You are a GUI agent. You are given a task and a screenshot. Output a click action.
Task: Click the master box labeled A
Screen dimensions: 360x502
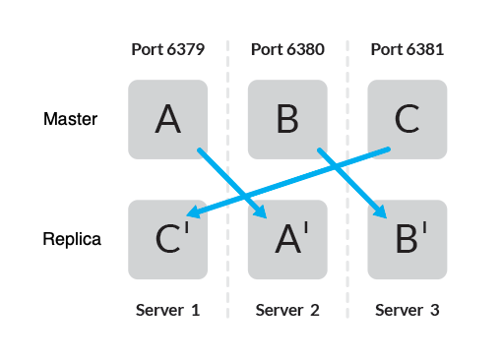167,119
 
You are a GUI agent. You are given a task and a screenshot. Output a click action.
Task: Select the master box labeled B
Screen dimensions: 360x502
287,119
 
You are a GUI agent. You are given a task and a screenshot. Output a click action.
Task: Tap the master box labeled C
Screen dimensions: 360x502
407,119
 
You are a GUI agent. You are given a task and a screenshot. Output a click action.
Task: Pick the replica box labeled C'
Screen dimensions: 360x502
167,239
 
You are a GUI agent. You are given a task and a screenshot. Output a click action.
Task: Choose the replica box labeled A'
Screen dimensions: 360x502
287,239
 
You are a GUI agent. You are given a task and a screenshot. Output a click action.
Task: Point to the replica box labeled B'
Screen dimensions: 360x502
407,239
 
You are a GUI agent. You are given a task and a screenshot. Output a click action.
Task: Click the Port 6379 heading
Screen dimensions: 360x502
167,49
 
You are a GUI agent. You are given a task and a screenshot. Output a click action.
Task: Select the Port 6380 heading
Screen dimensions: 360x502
287,49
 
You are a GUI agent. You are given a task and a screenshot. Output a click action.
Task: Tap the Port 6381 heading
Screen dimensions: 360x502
407,49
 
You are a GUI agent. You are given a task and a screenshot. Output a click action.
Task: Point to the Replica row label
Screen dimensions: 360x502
72,239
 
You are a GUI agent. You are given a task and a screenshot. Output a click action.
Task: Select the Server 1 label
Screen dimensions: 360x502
167,311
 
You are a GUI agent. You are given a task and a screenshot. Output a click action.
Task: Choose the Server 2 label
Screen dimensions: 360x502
287,311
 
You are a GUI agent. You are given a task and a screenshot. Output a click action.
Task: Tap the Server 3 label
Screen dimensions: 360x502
407,311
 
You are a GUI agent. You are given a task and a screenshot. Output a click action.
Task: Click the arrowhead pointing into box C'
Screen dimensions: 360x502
195,213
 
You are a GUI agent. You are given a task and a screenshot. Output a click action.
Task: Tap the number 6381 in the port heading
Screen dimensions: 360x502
422,49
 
